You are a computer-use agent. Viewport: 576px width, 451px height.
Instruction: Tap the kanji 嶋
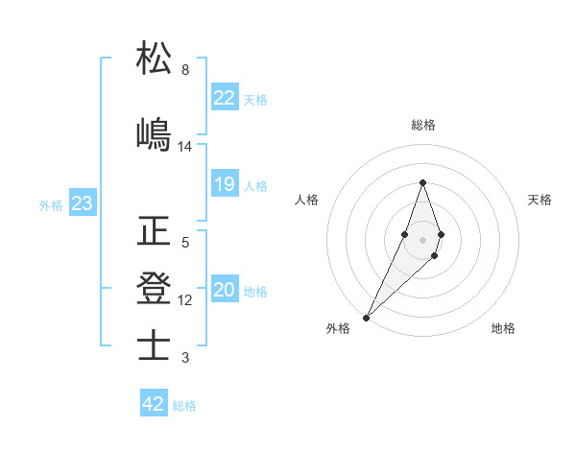pyautogui.click(x=154, y=133)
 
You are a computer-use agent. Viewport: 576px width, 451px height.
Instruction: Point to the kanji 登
pyautogui.click(x=154, y=287)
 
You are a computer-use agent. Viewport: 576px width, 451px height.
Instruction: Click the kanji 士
pyautogui.click(x=154, y=344)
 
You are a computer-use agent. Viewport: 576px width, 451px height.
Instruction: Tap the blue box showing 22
pyautogui.click(x=224, y=98)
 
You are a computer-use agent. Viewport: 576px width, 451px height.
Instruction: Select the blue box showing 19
pyautogui.click(x=224, y=185)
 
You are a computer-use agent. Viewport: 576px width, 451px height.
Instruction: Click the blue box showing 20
pyautogui.click(x=224, y=291)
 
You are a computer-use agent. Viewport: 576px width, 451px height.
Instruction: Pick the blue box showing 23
pyautogui.click(x=82, y=204)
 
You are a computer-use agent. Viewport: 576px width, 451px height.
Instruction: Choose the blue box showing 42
pyautogui.click(x=153, y=404)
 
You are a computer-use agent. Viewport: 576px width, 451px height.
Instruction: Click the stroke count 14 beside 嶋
pyautogui.click(x=185, y=147)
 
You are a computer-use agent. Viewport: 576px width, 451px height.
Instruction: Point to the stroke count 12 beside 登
pyautogui.click(x=185, y=300)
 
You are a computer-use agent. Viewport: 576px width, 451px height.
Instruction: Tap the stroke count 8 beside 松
pyautogui.click(x=185, y=70)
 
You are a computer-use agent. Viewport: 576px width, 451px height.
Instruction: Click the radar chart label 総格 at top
pyautogui.click(x=423, y=125)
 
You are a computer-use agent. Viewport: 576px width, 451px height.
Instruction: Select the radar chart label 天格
pyautogui.click(x=540, y=200)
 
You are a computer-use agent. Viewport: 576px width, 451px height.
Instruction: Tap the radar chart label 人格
pyautogui.click(x=306, y=200)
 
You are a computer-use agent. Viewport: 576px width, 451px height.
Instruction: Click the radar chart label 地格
pyautogui.click(x=503, y=328)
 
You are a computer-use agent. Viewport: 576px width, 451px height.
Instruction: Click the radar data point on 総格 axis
pyautogui.click(x=423, y=182)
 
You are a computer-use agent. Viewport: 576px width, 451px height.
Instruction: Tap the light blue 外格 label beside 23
pyautogui.click(x=50, y=205)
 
